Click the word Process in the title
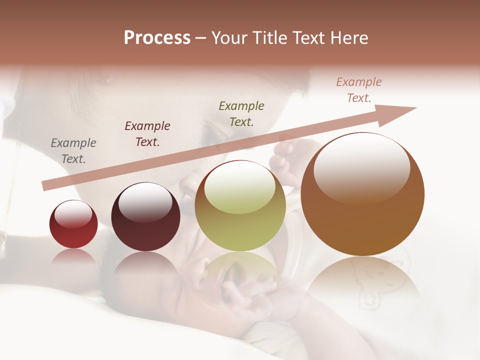click(157, 38)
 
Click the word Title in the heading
click(270, 38)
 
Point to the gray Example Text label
click(73, 151)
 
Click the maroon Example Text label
click(147, 134)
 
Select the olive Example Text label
click(241, 113)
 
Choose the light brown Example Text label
click(359, 90)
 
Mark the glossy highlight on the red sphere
click(73, 214)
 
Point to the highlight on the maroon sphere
click(145, 203)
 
